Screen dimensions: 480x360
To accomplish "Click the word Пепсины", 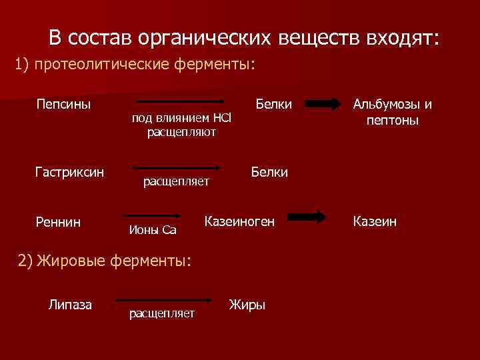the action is point(63,105).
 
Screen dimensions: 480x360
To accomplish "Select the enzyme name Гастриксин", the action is point(69,173).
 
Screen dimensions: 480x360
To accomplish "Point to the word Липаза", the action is point(70,305).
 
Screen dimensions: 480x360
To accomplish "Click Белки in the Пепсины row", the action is point(274,105).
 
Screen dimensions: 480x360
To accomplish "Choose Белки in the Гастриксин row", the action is point(269,173).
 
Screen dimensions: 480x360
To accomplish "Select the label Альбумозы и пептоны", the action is point(392,113).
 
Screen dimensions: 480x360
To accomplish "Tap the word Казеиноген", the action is point(239,220).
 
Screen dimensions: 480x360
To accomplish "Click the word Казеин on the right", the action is point(375,221).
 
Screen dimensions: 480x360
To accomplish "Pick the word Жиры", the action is point(247,305).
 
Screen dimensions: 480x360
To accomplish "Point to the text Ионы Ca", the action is point(151,231).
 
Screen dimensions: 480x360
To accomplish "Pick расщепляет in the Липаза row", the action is point(162,313).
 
